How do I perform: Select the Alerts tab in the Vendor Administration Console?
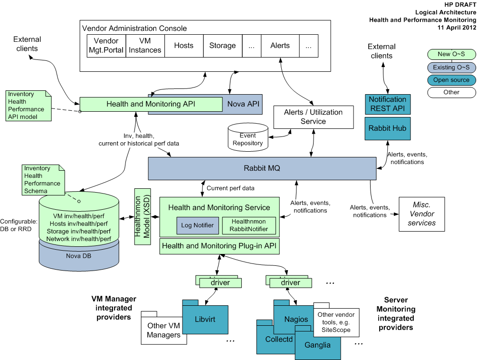coord(280,46)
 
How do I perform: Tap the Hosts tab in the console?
coord(184,46)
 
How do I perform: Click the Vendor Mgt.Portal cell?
coord(106,46)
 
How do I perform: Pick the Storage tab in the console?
coord(222,46)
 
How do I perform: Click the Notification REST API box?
coord(387,104)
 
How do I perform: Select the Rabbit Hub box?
coord(387,128)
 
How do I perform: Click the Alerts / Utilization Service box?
coord(313,117)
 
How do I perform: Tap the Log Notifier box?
coord(197,225)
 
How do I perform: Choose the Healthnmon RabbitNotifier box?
coord(248,225)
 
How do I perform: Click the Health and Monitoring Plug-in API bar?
coord(219,246)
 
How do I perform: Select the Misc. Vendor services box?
coord(421,214)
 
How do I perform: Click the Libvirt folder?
coord(205,319)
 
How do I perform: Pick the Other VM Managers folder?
coord(163,330)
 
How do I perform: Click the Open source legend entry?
coord(451,80)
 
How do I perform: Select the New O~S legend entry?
coord(451,55)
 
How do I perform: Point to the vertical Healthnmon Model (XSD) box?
coord(142,216)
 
